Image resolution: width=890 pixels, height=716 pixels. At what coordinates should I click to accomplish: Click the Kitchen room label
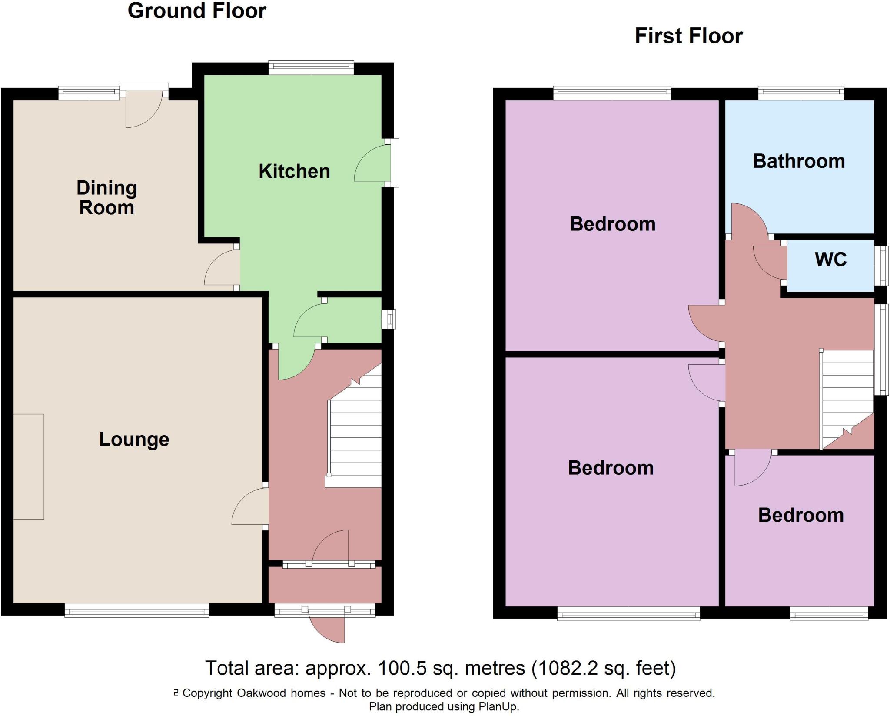[x=294, y=171]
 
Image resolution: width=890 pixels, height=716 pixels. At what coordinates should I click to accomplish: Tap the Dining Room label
[x=106, y=198]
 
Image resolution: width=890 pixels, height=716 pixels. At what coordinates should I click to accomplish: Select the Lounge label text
[x=134, y=439]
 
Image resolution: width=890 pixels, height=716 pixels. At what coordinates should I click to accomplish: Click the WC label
[x=830, y=260]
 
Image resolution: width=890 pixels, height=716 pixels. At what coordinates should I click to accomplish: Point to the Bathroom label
[x=799, y=161]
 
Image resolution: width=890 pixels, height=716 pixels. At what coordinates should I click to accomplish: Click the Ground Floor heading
[x=197, y=11]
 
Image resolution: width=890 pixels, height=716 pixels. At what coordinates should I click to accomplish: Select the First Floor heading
[x=688, y=36]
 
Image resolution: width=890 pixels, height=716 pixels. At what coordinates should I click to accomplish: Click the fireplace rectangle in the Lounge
[x=29, y=466]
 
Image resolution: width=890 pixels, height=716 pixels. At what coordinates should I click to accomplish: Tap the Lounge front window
[x=137, y=612]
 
